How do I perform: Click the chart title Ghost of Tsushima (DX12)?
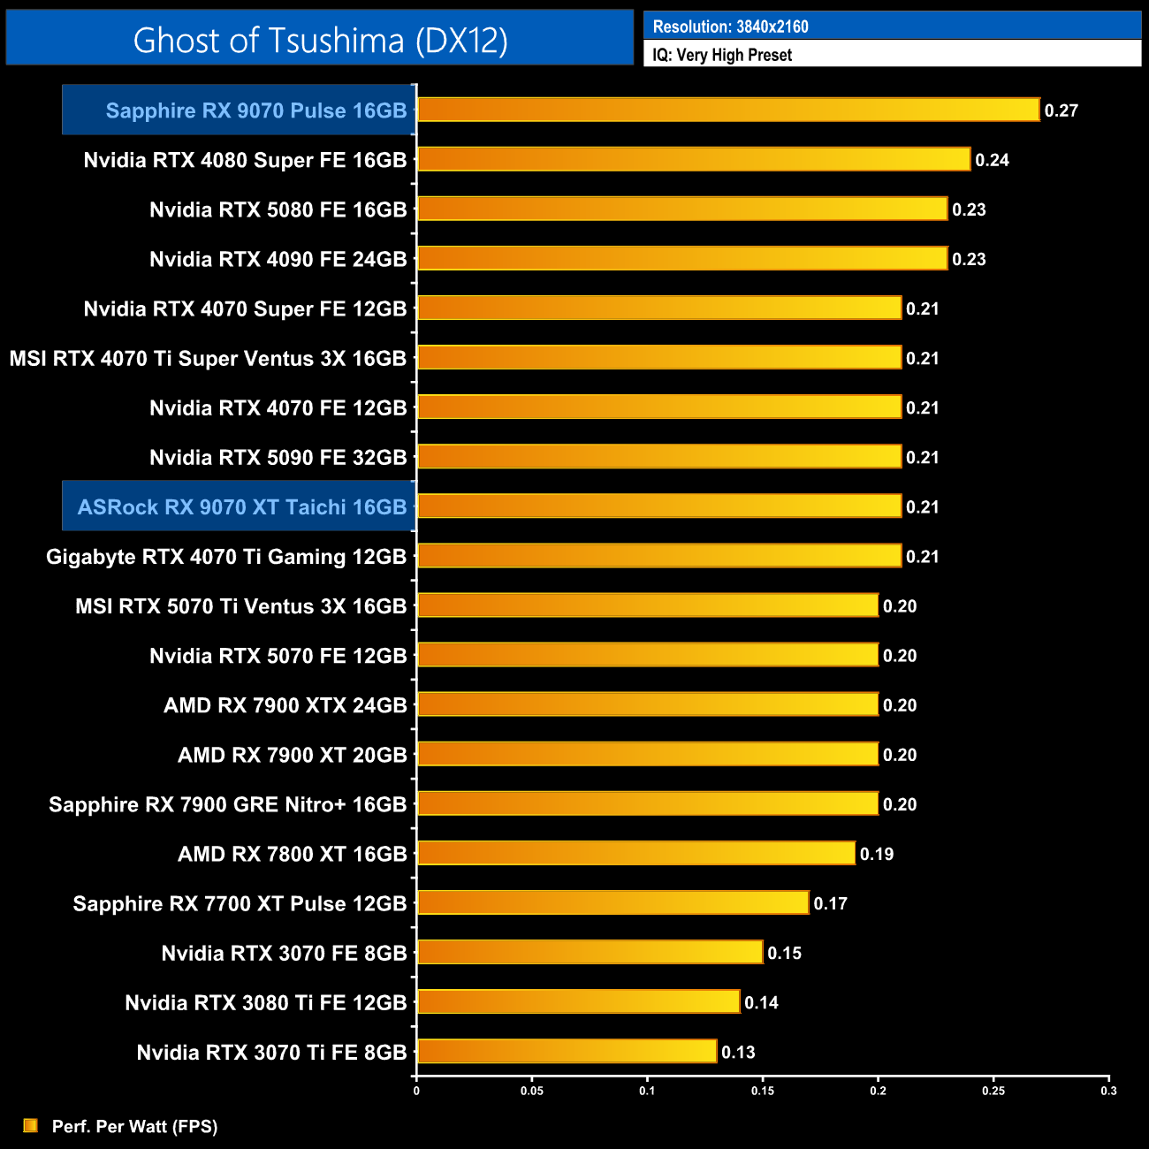click(x=320, y=40)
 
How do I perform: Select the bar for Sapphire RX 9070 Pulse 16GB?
click(x=728, y=110)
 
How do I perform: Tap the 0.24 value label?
click(x=992, y=160)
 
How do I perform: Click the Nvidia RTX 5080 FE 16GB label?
click(x=278, y=209)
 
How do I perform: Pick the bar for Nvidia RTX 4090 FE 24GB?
click(x=682, y=258)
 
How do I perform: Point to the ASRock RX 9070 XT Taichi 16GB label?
click(x=242, y=506)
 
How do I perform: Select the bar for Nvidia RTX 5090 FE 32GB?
click(x=659, y=456)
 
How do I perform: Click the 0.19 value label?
click(x=876, y=854)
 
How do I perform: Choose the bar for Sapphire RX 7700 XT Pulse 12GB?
click(x=613, y=902)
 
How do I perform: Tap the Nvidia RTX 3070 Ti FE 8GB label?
click(x=271, y=1052)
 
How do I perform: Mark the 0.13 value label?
click(x=738, y=1052)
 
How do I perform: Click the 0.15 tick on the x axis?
click(x=763, y=1091)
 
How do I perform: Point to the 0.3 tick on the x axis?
click(x=1108, y=1091)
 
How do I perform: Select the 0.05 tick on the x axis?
click(x=532, y=1091)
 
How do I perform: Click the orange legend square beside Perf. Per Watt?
click(x=31, y=1125)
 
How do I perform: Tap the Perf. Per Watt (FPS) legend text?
click(x=134, y=1126)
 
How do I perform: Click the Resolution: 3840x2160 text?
click(x=730, y=27)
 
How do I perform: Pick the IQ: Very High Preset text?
click(x=722, y=55)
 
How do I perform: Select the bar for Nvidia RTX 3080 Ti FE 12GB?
click(x=578, y=1001)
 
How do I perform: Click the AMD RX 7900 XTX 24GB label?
click(x=285, y=705)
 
